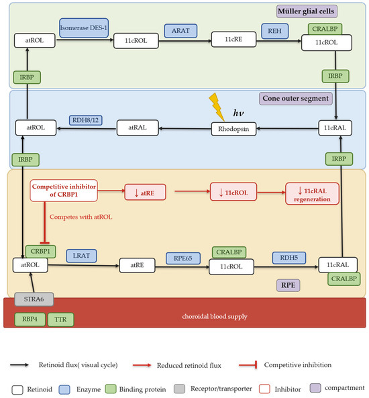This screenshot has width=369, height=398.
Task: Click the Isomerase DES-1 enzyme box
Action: (84, 28)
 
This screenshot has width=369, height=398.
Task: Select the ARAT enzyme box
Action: (180, 31)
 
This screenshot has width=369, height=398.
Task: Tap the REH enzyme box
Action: (274, 31)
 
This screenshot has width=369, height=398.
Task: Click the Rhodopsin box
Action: (233, 129)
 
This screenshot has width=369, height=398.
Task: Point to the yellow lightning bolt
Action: (217, 107)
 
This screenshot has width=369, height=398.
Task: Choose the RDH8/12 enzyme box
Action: (85, 120)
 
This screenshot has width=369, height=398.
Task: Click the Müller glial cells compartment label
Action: (307, 11)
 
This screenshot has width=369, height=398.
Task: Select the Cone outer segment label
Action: (296, 99)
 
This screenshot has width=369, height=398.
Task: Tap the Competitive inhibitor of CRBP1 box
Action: (64, 191)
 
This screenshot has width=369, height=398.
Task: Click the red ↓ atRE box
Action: (145, 193)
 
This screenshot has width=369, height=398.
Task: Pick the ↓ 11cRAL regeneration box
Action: (312, 193)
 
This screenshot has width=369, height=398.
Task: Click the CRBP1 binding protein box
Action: (41, 251)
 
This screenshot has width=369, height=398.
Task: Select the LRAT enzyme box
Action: (81, 256)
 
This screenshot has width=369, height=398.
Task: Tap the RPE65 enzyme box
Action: (183, 258)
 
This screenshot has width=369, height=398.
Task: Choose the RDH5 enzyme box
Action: (288, 258)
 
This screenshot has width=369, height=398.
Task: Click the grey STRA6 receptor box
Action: (34, 299)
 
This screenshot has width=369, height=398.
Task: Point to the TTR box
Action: (60, 319)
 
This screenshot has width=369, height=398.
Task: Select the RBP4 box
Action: (30, 319)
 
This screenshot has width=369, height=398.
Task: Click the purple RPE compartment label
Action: (288, 285)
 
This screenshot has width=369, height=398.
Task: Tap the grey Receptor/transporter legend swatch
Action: (179, 389)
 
